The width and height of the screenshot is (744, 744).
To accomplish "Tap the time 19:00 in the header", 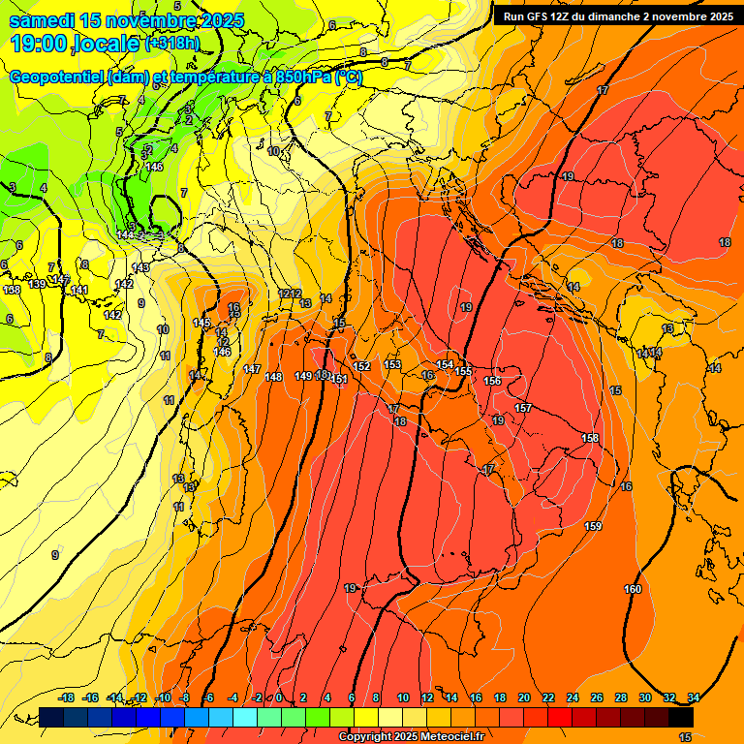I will pos(39,45).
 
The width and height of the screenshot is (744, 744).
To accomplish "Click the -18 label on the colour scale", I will pos(67,697).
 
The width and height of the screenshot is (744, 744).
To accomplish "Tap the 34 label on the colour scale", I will pos(694,697).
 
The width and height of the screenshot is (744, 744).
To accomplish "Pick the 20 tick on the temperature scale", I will pos(524,697).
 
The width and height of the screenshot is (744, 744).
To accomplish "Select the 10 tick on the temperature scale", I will pos(403,697).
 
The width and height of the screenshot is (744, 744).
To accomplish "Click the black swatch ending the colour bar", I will pos(681,717).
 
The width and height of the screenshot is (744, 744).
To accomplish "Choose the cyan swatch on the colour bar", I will pos(245,717).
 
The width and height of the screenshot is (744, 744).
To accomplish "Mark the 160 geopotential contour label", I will pos(632,589).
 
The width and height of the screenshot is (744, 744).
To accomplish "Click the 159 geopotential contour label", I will pos(593,526).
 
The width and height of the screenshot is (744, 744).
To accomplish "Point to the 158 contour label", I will pos(589,439).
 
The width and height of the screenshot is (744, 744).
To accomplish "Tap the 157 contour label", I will pos(523,408).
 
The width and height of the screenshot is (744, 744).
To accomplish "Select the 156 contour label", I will pos(492,381).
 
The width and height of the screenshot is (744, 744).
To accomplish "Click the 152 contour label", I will pos(361,366).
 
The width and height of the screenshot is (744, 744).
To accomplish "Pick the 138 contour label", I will pos(12,290).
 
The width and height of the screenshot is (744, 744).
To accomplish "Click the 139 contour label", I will pos(37,284).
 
